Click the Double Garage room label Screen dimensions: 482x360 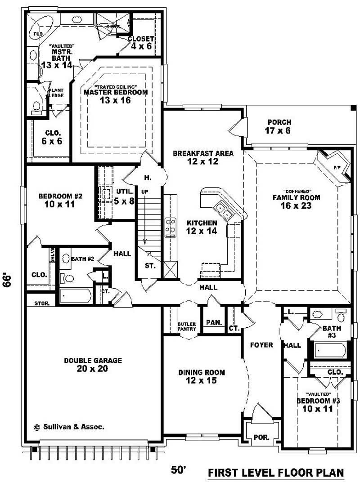(x=93, y=365)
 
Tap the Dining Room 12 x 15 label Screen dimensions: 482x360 (x=201, y=376)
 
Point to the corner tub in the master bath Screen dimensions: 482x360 (x=41, y=28)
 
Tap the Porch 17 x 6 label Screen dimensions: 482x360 (x=279, y=126)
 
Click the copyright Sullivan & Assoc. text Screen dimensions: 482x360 (x=69, y=426)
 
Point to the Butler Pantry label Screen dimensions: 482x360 (x=186, y=326)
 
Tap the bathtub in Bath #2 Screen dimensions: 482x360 (x=76, y=296)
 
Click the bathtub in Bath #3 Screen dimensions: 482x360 (x=329, y=349)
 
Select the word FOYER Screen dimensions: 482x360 (x=262, y=345)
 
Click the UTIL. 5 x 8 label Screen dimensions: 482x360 (x=123, y=197)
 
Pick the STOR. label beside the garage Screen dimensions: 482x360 (x=42, y=303)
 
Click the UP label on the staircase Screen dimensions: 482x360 (x=144, y=192)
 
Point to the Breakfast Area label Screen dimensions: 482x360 (x=203, y=157)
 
